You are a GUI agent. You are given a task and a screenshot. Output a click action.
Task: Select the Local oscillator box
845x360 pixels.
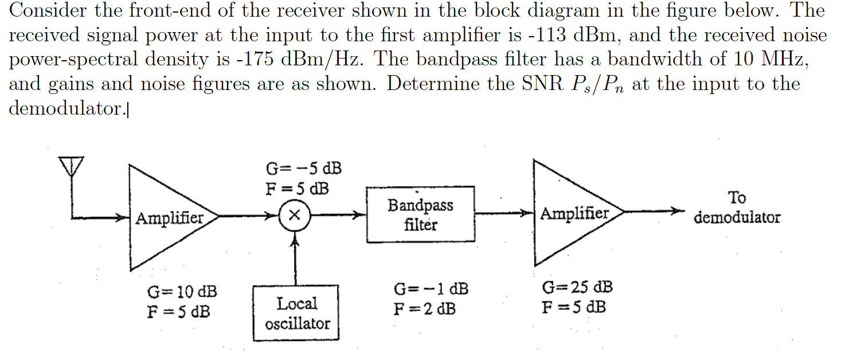[296, 313]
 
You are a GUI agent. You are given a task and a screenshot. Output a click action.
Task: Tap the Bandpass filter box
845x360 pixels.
[420, 214]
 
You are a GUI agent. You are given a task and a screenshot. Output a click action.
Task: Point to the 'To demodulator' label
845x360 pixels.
[737, 208]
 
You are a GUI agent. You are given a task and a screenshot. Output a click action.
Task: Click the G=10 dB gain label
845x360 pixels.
[182, 291]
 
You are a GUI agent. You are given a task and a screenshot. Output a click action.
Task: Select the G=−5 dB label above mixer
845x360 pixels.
[303, 169]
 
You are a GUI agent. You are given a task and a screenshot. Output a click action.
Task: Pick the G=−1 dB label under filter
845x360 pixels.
[431, 289]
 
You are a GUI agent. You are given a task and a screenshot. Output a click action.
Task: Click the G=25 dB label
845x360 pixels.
[577, 286]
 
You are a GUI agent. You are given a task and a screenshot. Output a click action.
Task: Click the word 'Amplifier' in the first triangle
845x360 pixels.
[170, 218]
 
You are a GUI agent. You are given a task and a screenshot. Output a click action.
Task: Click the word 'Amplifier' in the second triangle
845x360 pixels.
[574, 214]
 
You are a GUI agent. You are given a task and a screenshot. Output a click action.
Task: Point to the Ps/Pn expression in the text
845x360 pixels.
[596, 85]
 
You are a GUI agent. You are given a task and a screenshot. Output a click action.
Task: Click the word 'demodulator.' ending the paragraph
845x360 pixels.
[65, 109]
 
